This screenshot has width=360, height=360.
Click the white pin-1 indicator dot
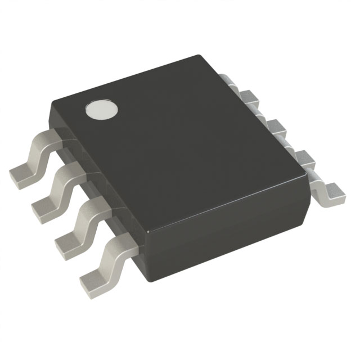(x=101, y=110)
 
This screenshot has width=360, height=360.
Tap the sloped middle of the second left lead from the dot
(x=62, y=186)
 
